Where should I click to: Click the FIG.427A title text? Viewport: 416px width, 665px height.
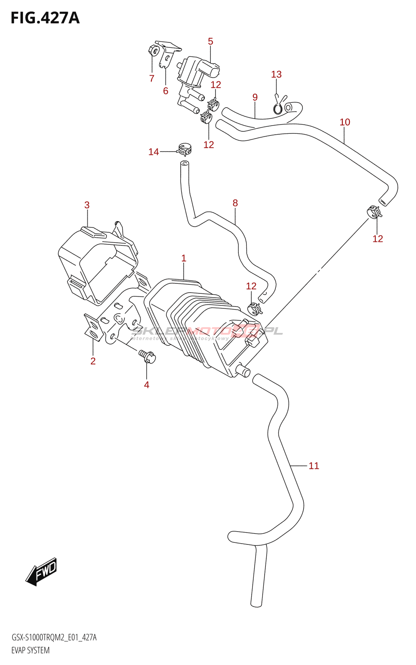45,18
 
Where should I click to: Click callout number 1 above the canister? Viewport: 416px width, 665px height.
183,259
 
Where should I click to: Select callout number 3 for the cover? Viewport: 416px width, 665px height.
87,205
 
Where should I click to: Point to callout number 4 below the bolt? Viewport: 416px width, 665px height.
146,385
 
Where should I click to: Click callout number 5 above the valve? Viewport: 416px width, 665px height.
210,42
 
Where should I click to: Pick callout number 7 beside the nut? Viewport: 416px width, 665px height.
152,78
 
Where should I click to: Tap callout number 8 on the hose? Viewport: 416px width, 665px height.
235,203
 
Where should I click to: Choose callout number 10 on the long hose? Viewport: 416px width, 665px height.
345,122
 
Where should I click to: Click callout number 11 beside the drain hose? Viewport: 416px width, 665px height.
314,466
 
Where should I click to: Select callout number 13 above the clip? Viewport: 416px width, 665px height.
276,74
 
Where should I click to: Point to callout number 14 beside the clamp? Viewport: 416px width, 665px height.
154,152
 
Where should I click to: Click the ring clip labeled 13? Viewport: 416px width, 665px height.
278,108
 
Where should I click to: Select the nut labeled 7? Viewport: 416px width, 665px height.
154,51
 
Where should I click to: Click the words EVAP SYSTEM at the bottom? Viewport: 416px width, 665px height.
30,650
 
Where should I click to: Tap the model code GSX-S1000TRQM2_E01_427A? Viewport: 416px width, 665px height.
54,638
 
